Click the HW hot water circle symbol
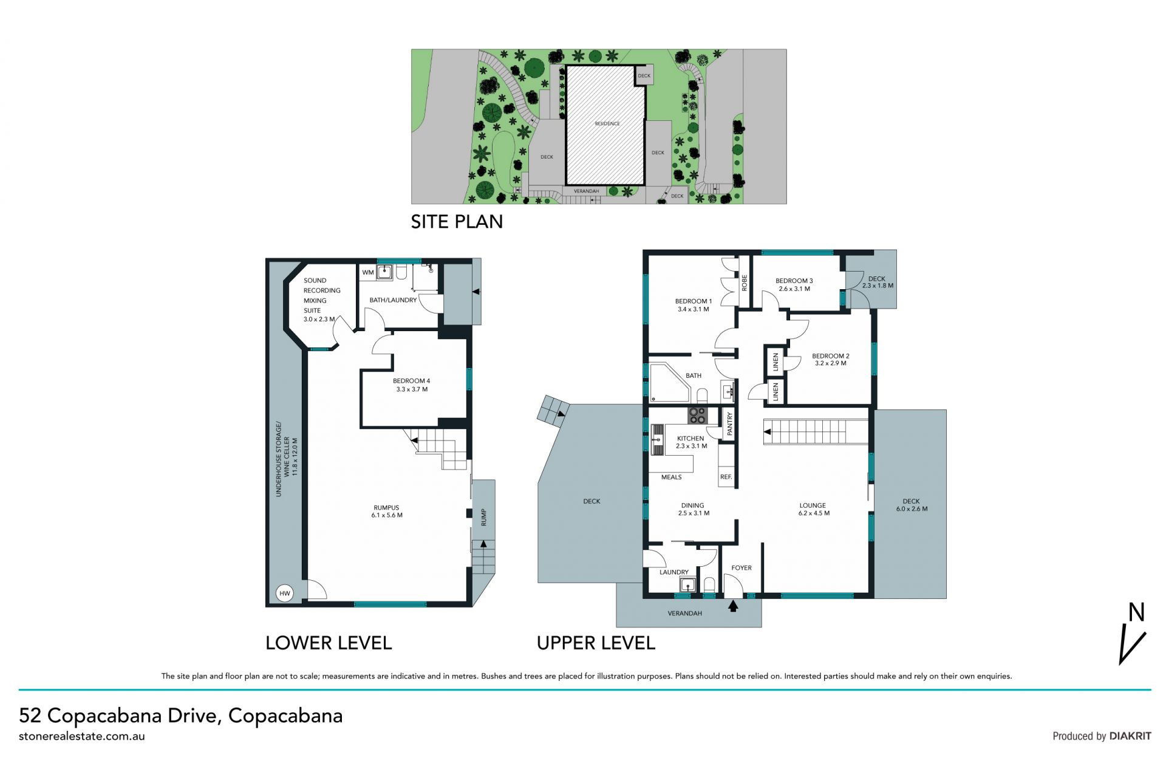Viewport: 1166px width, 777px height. point(284,594)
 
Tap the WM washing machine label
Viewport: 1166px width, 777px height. point(368,273)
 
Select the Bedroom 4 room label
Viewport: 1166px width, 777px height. point(412,381)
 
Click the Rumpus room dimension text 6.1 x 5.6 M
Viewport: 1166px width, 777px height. point(387,515)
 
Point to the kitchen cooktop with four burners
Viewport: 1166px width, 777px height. point(697,416)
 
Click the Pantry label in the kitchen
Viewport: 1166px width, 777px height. point(729,423)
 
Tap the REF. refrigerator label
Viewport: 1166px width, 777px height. point(726,477)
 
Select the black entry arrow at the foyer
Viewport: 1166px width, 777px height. point(733,605)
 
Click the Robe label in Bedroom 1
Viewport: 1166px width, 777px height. point(744,282)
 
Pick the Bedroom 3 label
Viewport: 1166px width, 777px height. point(794,281)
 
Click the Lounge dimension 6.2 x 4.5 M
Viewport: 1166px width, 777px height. point(814,513)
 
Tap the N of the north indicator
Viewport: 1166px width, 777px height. point(1136,612)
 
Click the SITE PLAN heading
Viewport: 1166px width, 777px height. point(457,222)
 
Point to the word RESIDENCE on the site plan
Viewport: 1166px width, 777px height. point(607,123)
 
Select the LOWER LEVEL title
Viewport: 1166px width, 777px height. point(329,643)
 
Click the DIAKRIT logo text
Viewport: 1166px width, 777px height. point(1130,736)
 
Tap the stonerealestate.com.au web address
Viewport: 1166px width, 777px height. point(82,736)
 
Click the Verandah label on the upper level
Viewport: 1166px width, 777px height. point(685,614)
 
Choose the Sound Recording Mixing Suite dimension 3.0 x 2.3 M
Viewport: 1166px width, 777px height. point(319,319)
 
